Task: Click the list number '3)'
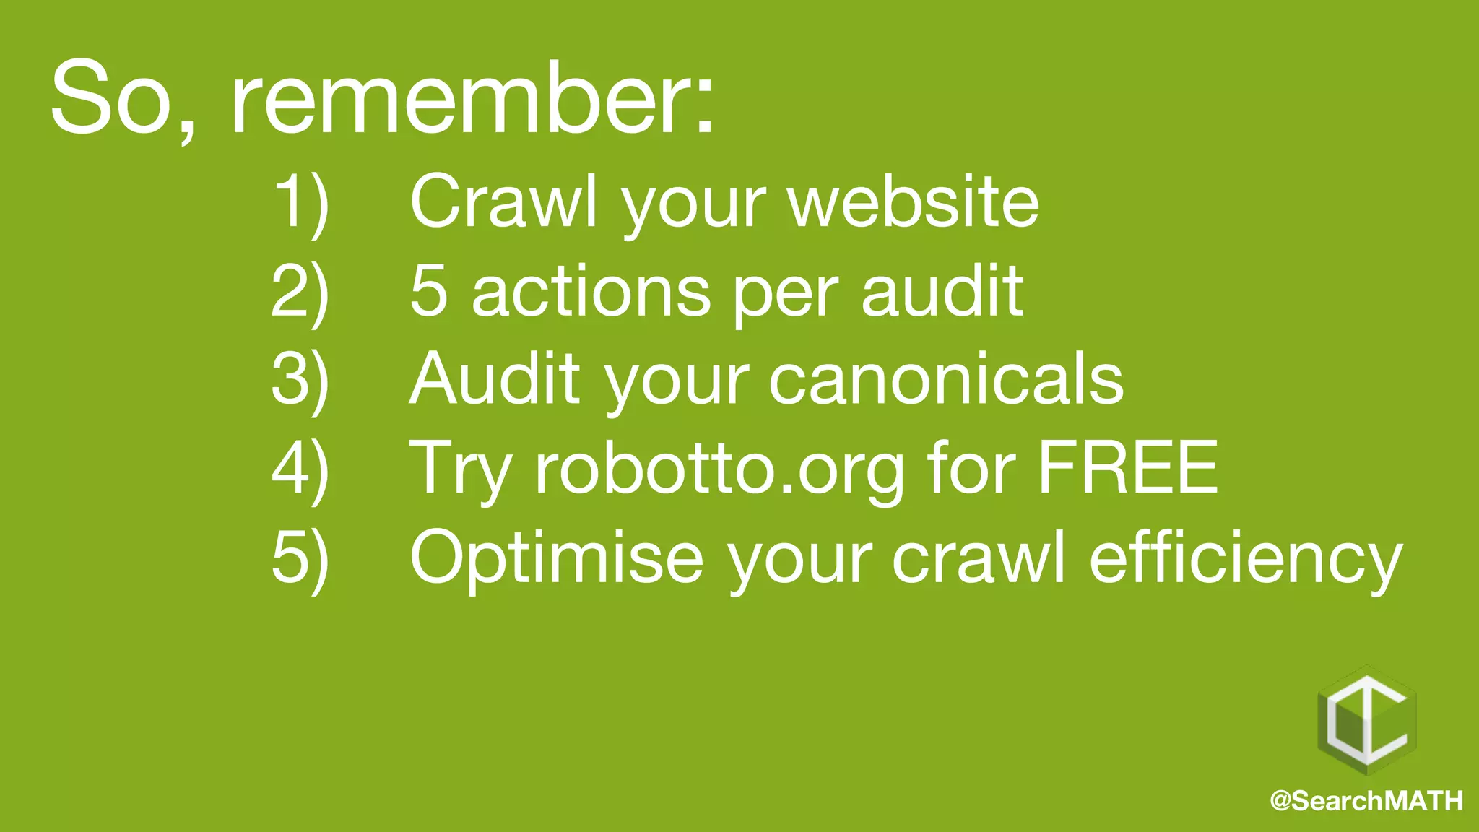(300, 380)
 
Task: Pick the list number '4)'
(300, 469)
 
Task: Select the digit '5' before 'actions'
(428, 291)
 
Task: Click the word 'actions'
(591, 291)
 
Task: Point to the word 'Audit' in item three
(495, 378)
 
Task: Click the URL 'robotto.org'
(719, 470)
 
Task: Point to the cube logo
(1367, 722)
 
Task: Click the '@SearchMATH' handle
(1366, 801)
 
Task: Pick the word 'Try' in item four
(461, 470)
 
